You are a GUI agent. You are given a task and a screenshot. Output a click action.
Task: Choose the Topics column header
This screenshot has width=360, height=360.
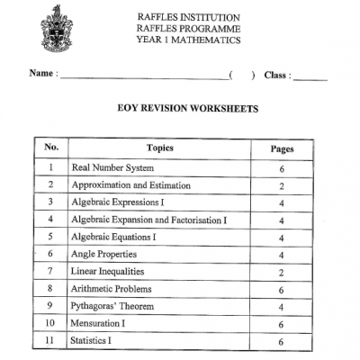[x=158, y=148]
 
